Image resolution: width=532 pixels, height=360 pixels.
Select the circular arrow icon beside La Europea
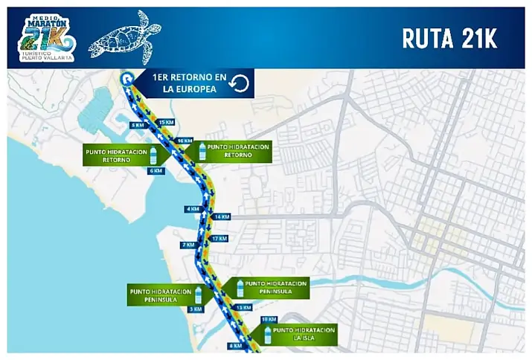pos(239,84)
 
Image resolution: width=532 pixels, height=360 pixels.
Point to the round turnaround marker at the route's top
pos(126,77)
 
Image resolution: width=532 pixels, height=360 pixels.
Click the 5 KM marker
pos(137,125)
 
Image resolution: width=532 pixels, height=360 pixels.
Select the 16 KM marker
pos(183,141)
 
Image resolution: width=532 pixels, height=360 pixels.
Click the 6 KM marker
pos(156,170)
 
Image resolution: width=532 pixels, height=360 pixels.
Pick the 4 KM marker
pos(193,209)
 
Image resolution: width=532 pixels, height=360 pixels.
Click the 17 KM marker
pos(219,239)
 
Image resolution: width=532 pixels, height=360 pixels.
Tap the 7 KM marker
pos(188,244)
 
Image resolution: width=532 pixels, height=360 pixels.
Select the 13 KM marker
pos(243,307)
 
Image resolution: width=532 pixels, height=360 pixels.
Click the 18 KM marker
pos(270,319)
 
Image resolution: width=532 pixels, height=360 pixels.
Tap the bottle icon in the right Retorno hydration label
pos(201,151)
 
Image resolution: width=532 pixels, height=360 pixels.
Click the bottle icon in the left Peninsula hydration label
pos(198,294)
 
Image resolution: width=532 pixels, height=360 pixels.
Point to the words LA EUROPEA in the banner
pos(190,90)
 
